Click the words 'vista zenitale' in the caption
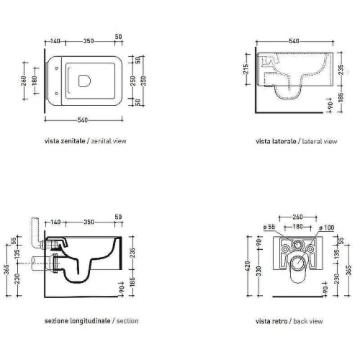point(65,141)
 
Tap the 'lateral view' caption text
point(320,141)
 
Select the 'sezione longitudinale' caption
point(77,321)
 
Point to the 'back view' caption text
point(308,321)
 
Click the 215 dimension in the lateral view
point(246,69)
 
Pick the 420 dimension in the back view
point(248,266)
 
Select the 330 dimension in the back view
point(258,271)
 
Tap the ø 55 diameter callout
point(269,227)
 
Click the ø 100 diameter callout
point(327,228)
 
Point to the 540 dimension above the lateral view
point(294,41)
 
